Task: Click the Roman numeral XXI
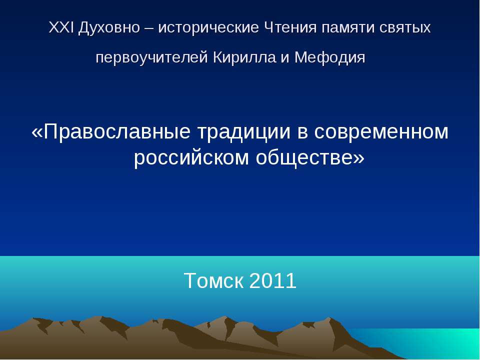(61, 27)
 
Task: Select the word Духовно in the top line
(109, 28)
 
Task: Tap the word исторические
(208, 28)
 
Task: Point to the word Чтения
(290, 27)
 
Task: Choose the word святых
(405, 28)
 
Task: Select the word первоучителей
(152, 57)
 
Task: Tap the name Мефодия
(329, 57)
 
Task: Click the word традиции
(243, 132)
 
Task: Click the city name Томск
(214, 280)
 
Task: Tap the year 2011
(273, 280)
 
